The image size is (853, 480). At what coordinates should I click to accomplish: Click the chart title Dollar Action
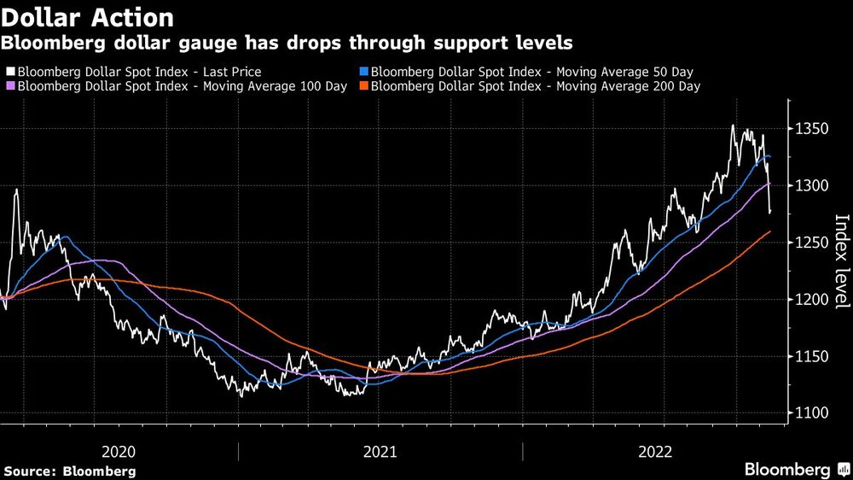[x=89, y=17]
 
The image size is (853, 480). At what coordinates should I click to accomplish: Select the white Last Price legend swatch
[x=10, y=73]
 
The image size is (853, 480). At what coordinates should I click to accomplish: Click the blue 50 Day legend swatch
[x=365, y=73]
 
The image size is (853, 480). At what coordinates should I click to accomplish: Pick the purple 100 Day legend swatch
[x=10, y=86]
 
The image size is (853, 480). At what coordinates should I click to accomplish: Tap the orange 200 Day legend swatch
[x=365, y=86]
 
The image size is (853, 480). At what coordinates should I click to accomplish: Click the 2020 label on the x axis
[x=119, y=450]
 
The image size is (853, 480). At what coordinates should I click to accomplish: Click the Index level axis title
[x=840, y=260]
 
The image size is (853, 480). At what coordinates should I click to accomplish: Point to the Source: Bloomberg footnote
[x=70, y=471]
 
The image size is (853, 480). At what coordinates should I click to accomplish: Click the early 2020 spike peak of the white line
[x=16, y=190]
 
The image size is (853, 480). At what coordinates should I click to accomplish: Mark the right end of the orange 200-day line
[x=771, y=231]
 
